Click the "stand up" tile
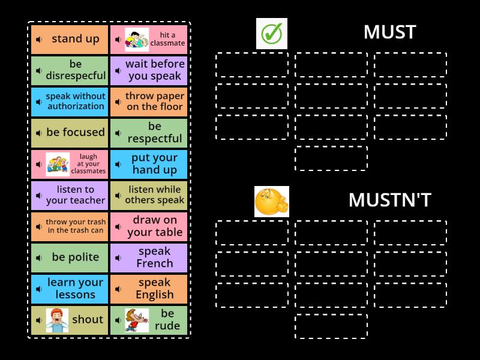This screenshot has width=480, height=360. coord(70,40)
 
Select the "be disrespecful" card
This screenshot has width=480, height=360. coord(70,70)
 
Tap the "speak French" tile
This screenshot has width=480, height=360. coord(149,257)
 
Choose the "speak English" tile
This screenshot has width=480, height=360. coord(149,289)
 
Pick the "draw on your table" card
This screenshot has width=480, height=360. coord(149,226)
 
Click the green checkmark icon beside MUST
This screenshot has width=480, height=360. coord(272,34)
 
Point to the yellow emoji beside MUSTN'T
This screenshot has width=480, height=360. coord(272,202)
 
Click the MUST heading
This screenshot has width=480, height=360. coord(389,32)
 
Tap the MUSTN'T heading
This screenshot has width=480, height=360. coord(389,200)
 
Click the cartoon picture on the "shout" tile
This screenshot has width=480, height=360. coord(57,320)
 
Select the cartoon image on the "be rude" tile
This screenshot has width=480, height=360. coord(137,320)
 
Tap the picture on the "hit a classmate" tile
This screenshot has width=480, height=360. coord(137,40)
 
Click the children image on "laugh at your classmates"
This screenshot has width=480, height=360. coord(58,164)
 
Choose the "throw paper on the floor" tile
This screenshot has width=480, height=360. coord(149,101)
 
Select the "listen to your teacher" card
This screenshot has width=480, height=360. coord(70,195)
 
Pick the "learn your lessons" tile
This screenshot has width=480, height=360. coord(70,289)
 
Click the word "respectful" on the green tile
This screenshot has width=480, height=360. coord(155,139)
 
